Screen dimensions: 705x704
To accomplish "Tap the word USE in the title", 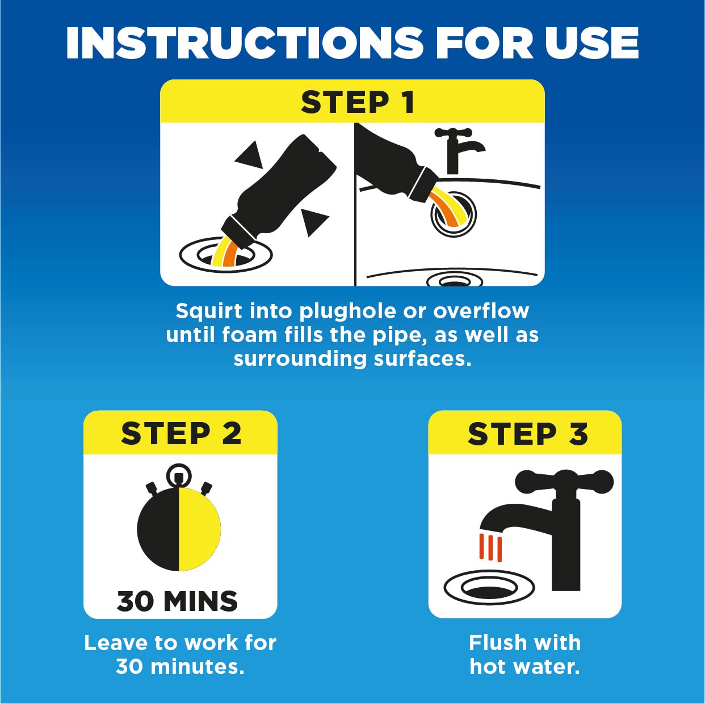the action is (591, 43).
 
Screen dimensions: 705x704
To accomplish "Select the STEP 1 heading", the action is (358, 103).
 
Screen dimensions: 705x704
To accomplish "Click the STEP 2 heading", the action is (181, 433).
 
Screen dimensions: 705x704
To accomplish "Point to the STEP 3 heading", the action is (527, 433).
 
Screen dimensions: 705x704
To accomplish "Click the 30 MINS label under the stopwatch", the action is (177, 601).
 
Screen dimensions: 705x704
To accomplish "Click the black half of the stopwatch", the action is (158, 529).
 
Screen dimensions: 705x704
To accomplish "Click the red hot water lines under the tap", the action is (490, 547).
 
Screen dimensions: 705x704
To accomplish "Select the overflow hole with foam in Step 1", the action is (454, 213).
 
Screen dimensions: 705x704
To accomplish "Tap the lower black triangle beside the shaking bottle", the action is (314, 222).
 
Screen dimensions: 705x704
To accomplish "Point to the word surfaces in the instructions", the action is (422, 359).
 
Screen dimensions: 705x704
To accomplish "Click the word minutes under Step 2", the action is (198, 667).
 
